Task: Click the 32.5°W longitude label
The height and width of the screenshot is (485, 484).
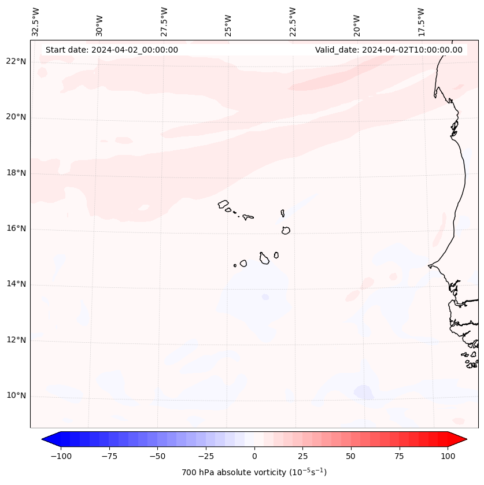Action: coord(36,22)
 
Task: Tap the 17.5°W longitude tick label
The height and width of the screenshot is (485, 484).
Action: coord(421,22)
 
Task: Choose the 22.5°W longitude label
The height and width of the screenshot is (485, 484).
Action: coord(293,22)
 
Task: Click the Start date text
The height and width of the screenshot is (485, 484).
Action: coord(112,50)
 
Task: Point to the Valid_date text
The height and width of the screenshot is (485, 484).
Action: coord(389,50)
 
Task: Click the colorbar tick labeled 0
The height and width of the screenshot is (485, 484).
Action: coord(254,456)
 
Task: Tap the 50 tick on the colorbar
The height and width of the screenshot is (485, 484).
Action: coord(350,456)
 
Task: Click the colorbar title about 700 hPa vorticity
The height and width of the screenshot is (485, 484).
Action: coord(254,472)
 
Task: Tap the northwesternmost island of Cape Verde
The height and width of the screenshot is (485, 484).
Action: coord(223,204)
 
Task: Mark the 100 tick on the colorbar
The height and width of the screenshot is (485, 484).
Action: coord(447,456)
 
